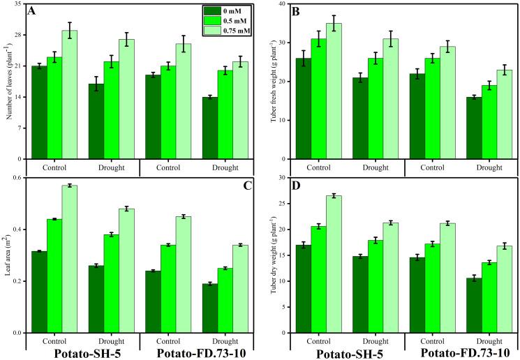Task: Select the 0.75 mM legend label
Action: (x=237, y=31)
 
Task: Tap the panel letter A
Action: (x=32, y=12)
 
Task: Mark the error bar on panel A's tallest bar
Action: (x=70, y=30)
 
